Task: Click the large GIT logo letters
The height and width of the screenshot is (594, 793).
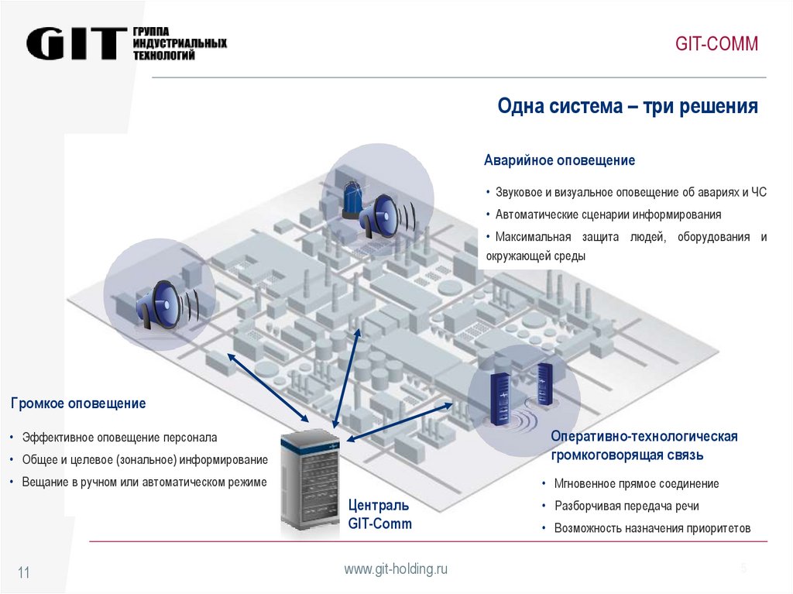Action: tap(76, 44)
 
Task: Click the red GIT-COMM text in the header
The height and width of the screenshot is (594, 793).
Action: tap(716, 43)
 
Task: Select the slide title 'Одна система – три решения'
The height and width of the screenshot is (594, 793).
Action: tap(627, 106)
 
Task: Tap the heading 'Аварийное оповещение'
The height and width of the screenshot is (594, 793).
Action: tap(559, 160)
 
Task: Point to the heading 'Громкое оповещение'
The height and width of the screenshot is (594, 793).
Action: tap(78, 403)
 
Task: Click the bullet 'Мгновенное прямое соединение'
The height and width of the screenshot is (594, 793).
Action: tap(636, 484)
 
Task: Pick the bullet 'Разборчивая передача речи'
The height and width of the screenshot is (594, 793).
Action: tap(627, 506)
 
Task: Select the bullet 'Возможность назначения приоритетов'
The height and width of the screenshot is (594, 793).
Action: tap(652, 528)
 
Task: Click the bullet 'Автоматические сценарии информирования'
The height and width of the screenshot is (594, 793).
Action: tap(608, 215)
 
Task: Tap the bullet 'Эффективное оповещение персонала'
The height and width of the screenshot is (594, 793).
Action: tap(119, 438)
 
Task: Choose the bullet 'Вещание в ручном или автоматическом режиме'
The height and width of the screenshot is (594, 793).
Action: tap(144, 482)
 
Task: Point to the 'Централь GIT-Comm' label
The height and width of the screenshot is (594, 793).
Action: tap(379, 514)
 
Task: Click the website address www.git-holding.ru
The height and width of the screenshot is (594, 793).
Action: tap(396, 569)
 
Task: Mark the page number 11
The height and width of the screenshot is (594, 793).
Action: tap(23, 573)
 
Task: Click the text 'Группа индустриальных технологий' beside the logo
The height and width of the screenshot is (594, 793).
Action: tap(179, 43)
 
